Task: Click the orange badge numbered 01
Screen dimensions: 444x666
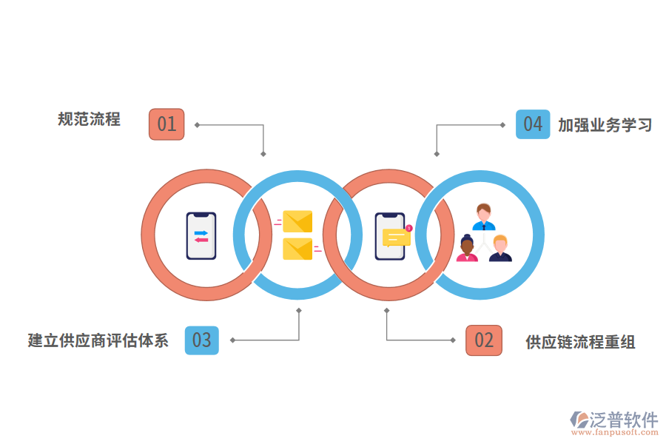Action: pos(166,124)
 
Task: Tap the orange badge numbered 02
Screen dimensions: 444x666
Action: pos(484,340)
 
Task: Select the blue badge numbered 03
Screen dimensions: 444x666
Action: pos(201,340)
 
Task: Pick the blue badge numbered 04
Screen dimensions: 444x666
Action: pos(533,124)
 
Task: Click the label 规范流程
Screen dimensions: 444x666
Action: pos(89,119)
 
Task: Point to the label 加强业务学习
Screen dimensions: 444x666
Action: pos(605,125)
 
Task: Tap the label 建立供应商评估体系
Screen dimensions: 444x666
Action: pos(98,340)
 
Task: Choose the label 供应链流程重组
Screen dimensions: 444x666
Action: pos(580,342)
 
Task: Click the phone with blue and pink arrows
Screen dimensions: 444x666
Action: pos(201,236)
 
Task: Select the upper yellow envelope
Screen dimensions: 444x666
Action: pos(297,221)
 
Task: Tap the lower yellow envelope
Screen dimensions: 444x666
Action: pos(297,249)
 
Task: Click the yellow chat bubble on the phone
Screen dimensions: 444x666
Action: pos(396,238)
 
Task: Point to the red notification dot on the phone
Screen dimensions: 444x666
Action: pos(408,228)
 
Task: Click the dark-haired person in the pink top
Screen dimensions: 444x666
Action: pos(467,249)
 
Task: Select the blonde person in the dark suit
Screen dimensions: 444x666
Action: pos(500,249)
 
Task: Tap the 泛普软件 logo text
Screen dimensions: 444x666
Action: pos(623,420)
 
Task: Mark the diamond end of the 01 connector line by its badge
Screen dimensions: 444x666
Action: pos(198,124)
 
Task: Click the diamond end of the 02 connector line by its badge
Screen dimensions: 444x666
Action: pos(454,340)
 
